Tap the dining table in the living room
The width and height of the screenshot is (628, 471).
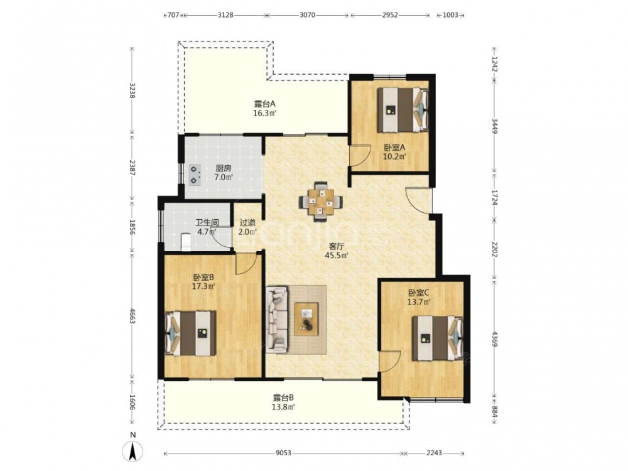[320, 201]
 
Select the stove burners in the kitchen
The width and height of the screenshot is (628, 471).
[195, 175]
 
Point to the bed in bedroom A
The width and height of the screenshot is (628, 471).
[403, 110]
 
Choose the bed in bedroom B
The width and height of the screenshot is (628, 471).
[191, 333]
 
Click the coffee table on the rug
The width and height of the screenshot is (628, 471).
[306, 319]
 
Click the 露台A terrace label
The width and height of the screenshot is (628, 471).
[264, 104]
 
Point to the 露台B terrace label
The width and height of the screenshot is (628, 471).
[284, 398]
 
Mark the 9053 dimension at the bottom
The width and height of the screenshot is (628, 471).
[283, 453]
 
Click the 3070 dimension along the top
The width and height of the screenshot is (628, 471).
[308, 15]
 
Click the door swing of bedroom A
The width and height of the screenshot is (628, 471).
[359, 155]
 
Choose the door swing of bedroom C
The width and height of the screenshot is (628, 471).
[390, 361]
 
